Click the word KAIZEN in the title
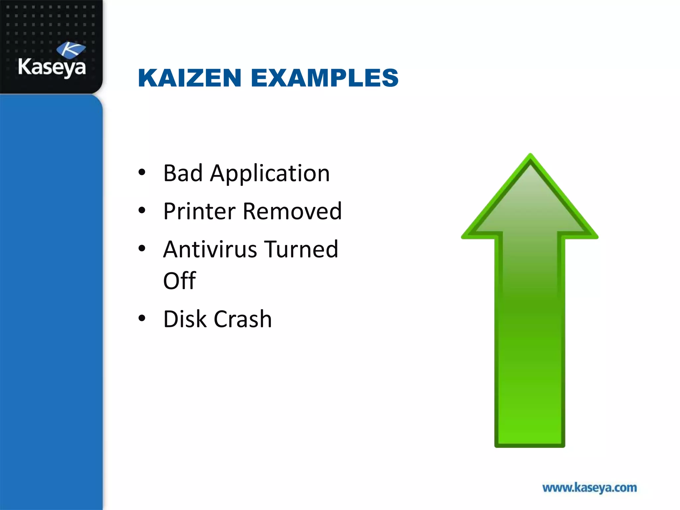(189, 78)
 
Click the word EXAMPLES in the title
(324, 78)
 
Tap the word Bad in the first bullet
(183, 173)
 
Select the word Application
(270, 174)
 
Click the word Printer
(199, 211)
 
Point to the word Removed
(292, 211)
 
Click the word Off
(179, 281)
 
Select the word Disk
(185, 319)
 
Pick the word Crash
(243, 319)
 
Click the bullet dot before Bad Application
(142, 172)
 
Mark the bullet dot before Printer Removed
(142, 210)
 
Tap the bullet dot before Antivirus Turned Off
(142, 248)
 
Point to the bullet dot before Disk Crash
(142, 318)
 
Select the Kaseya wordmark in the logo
(52, 67)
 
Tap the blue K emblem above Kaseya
(71, 50)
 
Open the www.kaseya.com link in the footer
(589, 488)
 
